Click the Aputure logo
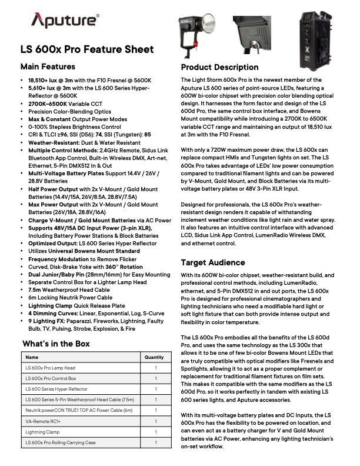point(65,22)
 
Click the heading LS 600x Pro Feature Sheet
point(87,49)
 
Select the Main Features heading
point(48,66)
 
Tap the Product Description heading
point(219,67)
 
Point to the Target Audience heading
point(213,262)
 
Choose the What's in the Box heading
point(56,344)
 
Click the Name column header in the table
point(32,357)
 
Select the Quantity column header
point(154,357)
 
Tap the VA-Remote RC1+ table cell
point(42,421)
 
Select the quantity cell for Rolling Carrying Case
point(155,442)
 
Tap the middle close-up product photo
point(255,34)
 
